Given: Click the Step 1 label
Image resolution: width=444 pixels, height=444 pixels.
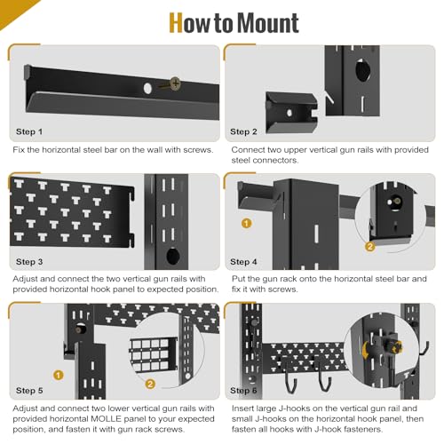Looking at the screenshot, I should click(x=29, y=131).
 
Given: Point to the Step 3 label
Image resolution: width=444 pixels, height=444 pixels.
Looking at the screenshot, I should click(x=29, y=263).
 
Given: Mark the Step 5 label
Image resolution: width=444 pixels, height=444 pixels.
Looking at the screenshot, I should click(x=29, y=391).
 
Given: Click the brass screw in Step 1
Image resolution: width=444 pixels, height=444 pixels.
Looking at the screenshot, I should click(x=175, y=83).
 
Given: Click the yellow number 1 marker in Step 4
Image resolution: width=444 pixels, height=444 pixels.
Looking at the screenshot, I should click(x=247, y=223).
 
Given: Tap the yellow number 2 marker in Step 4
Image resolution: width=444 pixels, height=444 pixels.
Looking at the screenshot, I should click(x=371, y=246).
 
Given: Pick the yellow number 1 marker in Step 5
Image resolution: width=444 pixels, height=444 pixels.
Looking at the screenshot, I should click(x=59, y=374).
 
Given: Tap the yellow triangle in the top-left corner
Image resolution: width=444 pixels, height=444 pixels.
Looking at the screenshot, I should click(x=9, y=9).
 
